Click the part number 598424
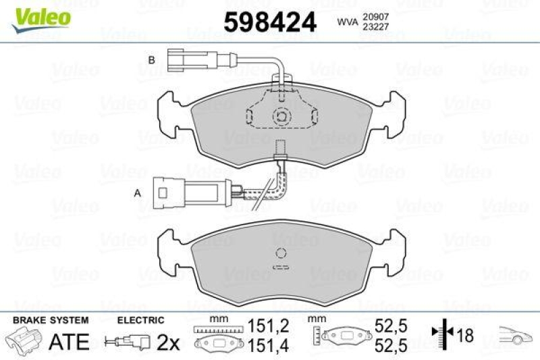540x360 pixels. pyautogui.click(x=269, y=22)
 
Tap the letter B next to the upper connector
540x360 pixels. pyautogui.click(x=151, y=61)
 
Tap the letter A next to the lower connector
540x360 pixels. pyautogui.click(x=138, y=193)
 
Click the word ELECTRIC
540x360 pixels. pyautogui.click(x=140, y=320)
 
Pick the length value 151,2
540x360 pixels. pyautogui.click(x=270, y=326)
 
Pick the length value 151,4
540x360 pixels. pyautogui.click(x=270, y=345)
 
